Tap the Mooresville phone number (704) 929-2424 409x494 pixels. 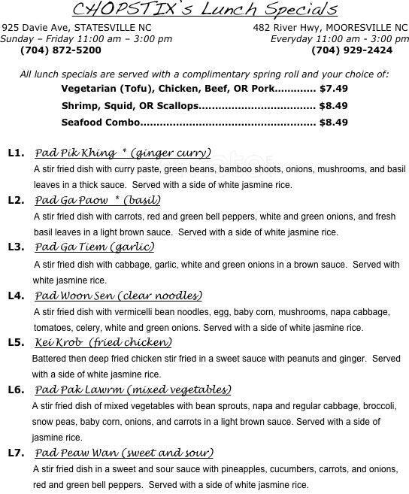point(351,50)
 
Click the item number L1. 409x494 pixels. point(16,153)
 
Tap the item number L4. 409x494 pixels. point(16,295)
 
